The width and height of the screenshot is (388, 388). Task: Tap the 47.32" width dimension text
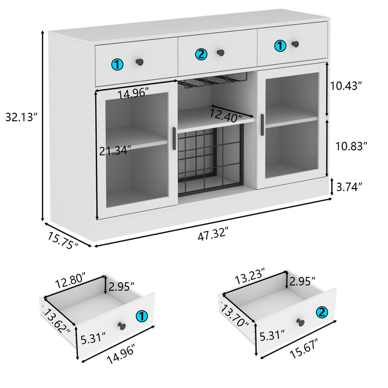212,236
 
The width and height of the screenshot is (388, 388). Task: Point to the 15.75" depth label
63,239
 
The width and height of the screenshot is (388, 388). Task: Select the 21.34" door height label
115,151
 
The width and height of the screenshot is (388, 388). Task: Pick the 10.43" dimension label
346,86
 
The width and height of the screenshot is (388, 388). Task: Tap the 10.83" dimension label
351,145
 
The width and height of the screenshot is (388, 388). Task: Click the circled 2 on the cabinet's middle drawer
201,54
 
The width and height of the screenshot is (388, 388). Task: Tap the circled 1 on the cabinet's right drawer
280,46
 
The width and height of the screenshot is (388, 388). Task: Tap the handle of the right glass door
262,126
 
